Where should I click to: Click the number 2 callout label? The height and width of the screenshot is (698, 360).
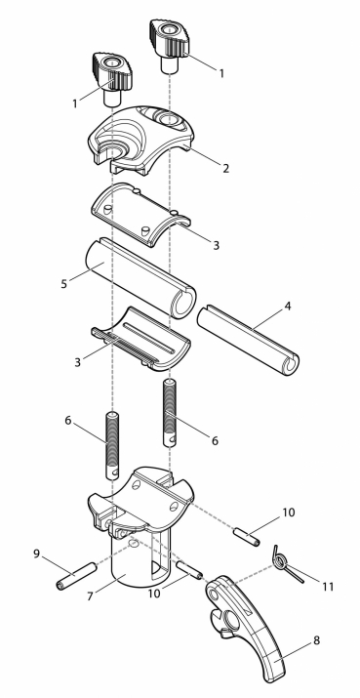226,169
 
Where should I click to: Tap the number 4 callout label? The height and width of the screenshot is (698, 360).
288,307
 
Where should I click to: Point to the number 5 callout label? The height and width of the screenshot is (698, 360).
64,283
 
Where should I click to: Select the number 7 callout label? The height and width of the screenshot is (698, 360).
91,596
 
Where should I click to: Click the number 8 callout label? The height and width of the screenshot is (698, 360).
317,640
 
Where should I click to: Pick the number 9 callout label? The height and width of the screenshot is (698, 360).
37,554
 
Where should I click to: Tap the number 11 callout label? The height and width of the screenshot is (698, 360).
328,587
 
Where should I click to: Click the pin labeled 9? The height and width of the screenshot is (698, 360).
76,576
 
